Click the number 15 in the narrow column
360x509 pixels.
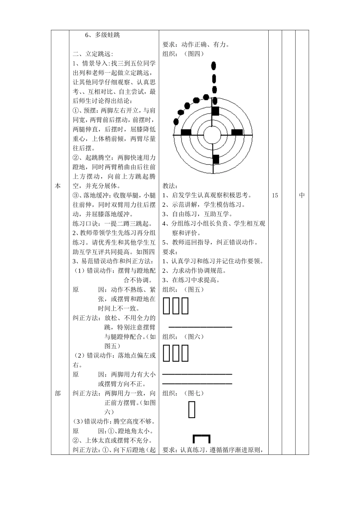coord(275,195)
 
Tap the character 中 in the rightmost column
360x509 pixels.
coord(302,195)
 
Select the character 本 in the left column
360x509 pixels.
coord(58,186)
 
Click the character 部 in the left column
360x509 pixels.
coord(58,393)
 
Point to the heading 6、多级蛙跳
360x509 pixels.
coord(102,35)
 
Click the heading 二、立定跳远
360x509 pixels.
coord(93,54)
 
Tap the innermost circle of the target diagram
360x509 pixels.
coord(213,134)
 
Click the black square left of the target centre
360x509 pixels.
coord(186,132)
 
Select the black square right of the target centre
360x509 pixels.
coord(237,132)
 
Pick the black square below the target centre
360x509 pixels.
coord(216,159)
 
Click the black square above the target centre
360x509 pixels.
coord(215,111)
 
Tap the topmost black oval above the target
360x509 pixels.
coord(214,66)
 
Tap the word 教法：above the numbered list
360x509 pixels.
coord(170,186)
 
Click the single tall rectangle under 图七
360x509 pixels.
coord(192,410)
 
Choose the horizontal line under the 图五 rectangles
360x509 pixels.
coord(200,327)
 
